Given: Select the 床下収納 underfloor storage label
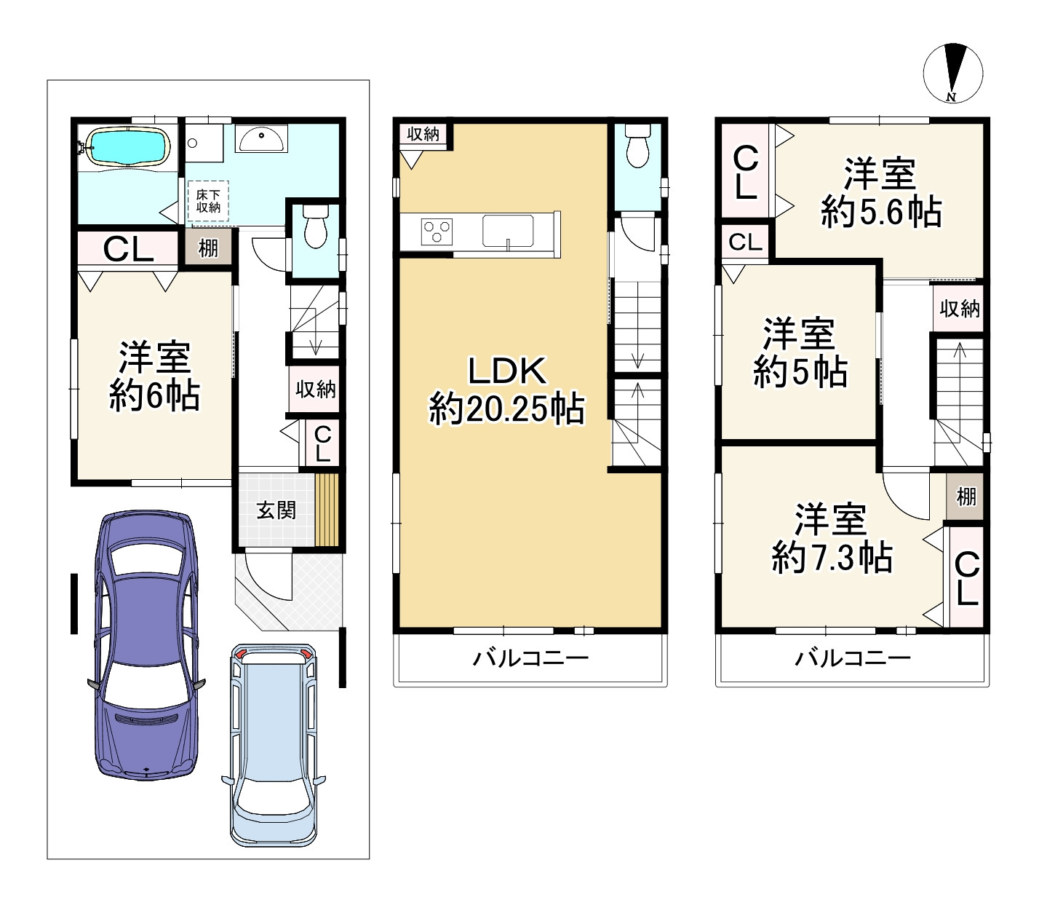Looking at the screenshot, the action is (208, 201).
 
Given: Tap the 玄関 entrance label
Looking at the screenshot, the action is (276, 510).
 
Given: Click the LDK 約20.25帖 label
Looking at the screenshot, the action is (506, 390).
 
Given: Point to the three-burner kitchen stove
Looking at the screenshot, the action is (436, 232).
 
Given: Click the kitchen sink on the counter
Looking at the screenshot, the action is (508, 232).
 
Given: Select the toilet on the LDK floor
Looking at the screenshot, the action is (637, 146).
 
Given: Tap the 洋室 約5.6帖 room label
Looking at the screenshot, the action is (880, 193).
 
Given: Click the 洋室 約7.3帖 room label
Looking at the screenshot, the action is (832, 538).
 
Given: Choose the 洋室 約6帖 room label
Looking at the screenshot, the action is (154, 376).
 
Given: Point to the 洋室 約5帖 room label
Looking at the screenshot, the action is (800, 352).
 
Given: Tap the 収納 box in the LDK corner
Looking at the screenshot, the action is (423, 134).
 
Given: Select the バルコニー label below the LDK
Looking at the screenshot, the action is (530, 658).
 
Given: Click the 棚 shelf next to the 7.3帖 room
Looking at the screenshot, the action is (965, 497).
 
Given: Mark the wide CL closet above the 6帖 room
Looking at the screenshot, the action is (128, 248).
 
